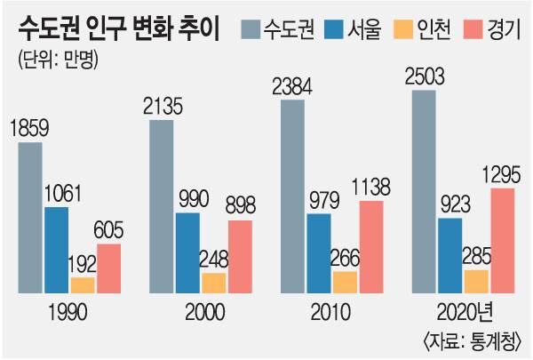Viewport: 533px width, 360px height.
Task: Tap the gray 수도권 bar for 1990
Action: (29, 218)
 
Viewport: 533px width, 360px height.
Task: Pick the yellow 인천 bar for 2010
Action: (345, 282)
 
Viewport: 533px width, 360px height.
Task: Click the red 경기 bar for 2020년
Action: (502, 240)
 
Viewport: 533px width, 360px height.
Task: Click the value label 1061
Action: (60, 195)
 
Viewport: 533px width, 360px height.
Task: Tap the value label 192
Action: (83, 264)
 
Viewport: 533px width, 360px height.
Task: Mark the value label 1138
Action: (371, 188)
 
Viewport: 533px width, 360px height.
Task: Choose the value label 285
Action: (475, 259)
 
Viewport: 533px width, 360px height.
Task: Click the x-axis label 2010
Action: (331, 312)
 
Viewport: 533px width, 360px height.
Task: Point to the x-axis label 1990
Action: (68, 312)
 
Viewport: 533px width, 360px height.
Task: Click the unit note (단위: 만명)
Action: (57, 61)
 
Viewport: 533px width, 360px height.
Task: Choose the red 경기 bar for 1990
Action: (108, 268)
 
